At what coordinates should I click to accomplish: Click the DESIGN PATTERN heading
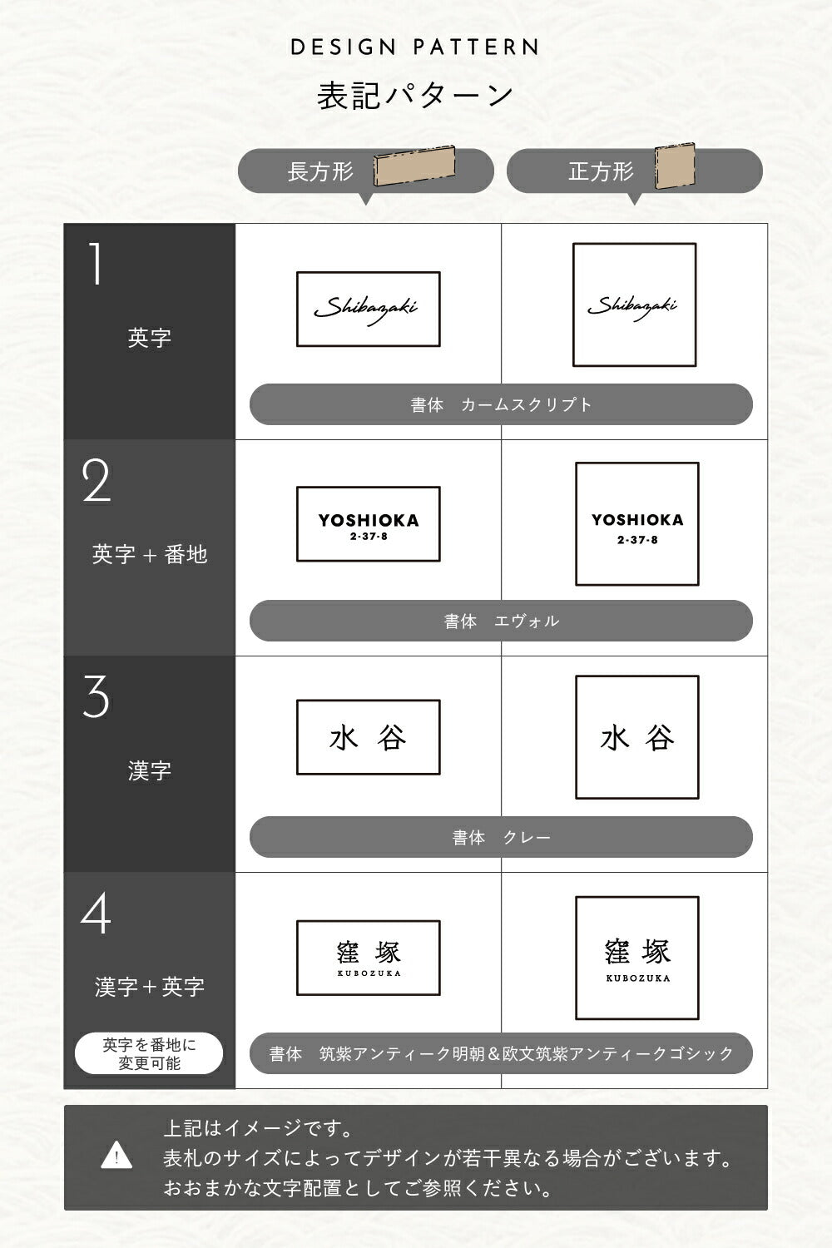tap(414, 47)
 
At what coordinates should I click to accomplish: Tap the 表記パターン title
tap(415, 96)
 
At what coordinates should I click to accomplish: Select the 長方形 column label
tap(320, 171)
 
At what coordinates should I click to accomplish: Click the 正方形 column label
tap(602, 171)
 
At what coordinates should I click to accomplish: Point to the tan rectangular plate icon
tap(414, 166)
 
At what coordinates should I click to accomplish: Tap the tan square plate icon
tap(675, 166)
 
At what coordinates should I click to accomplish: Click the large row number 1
tap(96, 264)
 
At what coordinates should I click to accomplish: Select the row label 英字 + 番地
tap(150, 554)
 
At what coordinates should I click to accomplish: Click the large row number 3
tap(96, 696)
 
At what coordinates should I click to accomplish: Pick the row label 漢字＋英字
tap(150, 987)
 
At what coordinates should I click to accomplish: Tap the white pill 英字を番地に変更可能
tap(149, 1053)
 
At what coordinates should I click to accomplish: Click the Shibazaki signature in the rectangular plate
tap(366, 310)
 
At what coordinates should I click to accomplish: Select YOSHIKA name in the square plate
tap(637, 520)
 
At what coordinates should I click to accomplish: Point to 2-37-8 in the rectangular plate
tap(369, 537)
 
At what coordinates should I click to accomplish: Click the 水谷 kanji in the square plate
tap(637, 738)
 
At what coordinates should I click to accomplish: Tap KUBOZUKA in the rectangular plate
tap(369, 973)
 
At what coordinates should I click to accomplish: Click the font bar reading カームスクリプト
tap(501, 404)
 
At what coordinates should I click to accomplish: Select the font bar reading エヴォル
tap(501, 621)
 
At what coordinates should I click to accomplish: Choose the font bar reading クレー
tap(501, 837)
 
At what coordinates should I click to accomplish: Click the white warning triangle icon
tap(116, 1156)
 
